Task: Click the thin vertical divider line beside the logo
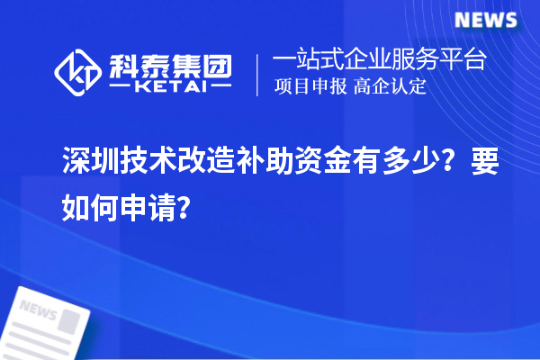pos(258,75)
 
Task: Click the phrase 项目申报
pos(308,88)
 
